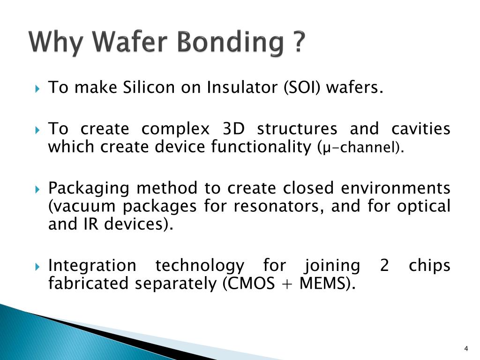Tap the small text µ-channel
coord(361,149)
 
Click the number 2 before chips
coord(384,266)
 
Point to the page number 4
coord(465,348)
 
